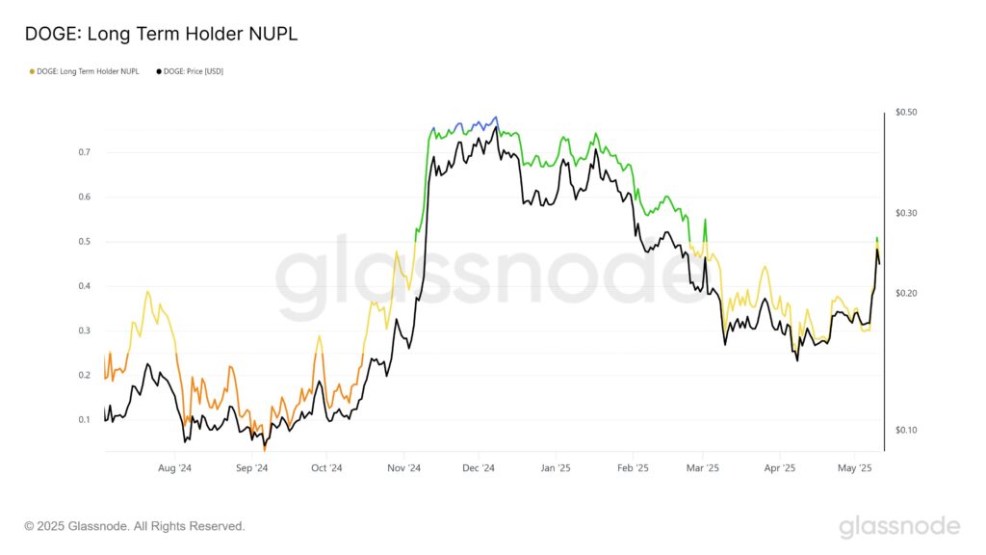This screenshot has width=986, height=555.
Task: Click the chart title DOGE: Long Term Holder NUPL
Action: click(161, 34)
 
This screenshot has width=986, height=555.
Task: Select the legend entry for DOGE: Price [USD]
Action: click(194, 71)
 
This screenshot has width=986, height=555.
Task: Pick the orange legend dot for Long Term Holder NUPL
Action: click(32, 71)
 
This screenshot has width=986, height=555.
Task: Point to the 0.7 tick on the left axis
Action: click(85, 152)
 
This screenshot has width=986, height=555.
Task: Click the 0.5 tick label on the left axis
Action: click(85, 242)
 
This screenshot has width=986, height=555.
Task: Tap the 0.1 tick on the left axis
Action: click(85, 420)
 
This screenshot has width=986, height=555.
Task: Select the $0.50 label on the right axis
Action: click(906, 113)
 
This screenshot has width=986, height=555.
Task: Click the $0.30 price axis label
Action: click(906, 213)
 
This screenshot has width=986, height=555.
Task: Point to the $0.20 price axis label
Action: click(906, 293)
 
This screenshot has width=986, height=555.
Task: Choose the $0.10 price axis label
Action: click(906, 430)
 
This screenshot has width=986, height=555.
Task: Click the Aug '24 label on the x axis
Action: click(173, 468)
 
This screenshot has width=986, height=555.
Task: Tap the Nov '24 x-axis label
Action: click(403, 468)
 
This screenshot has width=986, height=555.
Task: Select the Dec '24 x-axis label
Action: click(478, 468)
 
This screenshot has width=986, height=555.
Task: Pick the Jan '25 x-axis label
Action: click(555, 468)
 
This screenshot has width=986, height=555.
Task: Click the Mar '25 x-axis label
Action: click(703, 468)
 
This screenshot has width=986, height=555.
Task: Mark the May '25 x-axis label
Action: click(854, 468)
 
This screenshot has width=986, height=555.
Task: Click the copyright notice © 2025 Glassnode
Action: click(135, 526)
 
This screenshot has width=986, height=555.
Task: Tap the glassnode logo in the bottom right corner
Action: click(899, 526)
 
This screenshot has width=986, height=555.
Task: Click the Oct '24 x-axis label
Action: click(326, 468)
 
